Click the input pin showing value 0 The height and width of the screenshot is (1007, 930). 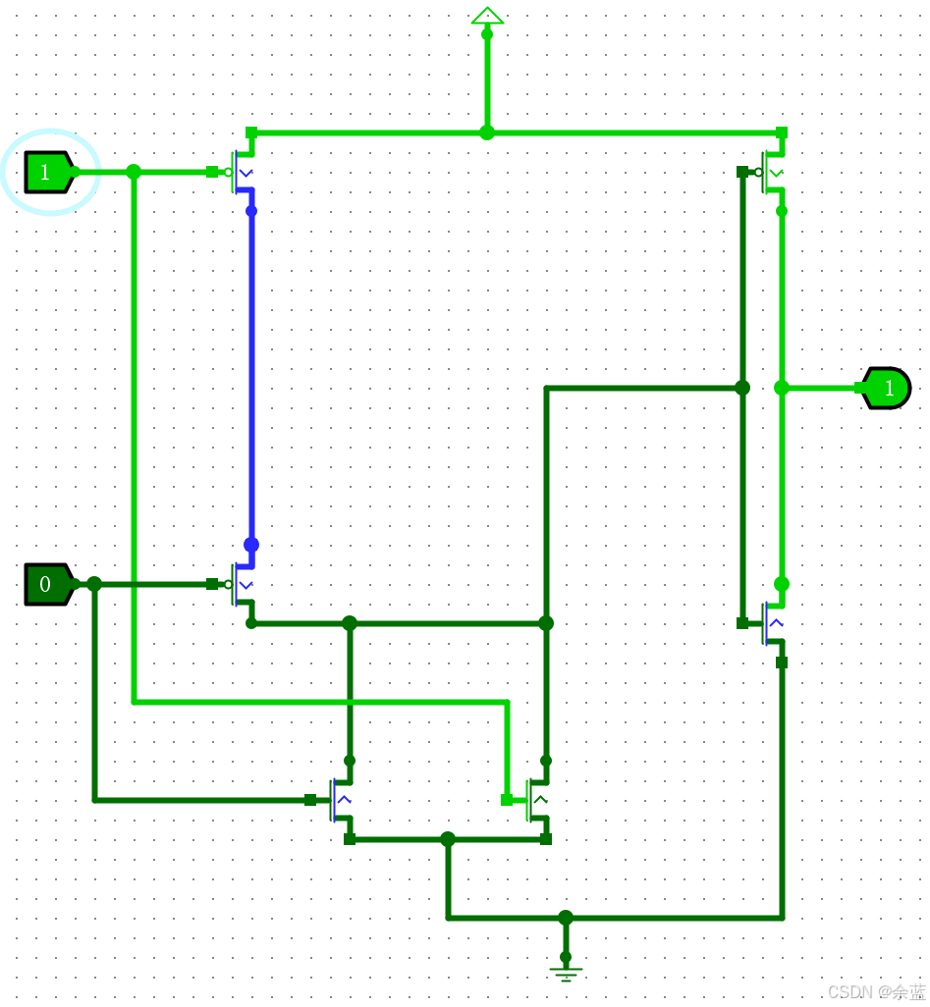(x=46, y=584)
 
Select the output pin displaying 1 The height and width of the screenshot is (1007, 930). (x=888, y=388)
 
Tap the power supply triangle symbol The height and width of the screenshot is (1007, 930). (x=487, y=15)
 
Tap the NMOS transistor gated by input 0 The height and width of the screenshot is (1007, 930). (x=340, y=801)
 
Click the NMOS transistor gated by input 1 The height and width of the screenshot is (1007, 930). (x=536, y=801)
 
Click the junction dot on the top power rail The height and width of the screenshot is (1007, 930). (x=487, y=132)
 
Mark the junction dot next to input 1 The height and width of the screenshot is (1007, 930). (x=134, y=172)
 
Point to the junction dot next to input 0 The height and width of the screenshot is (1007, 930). (x=94, y=584)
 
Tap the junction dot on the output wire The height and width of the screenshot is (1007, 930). (x=782, y=388)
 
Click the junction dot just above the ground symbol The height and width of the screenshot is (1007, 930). (x=566, y=918)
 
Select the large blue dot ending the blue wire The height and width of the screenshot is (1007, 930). (x=251, y=545)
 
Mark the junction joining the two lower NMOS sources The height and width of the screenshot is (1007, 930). (x=448, y=839)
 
